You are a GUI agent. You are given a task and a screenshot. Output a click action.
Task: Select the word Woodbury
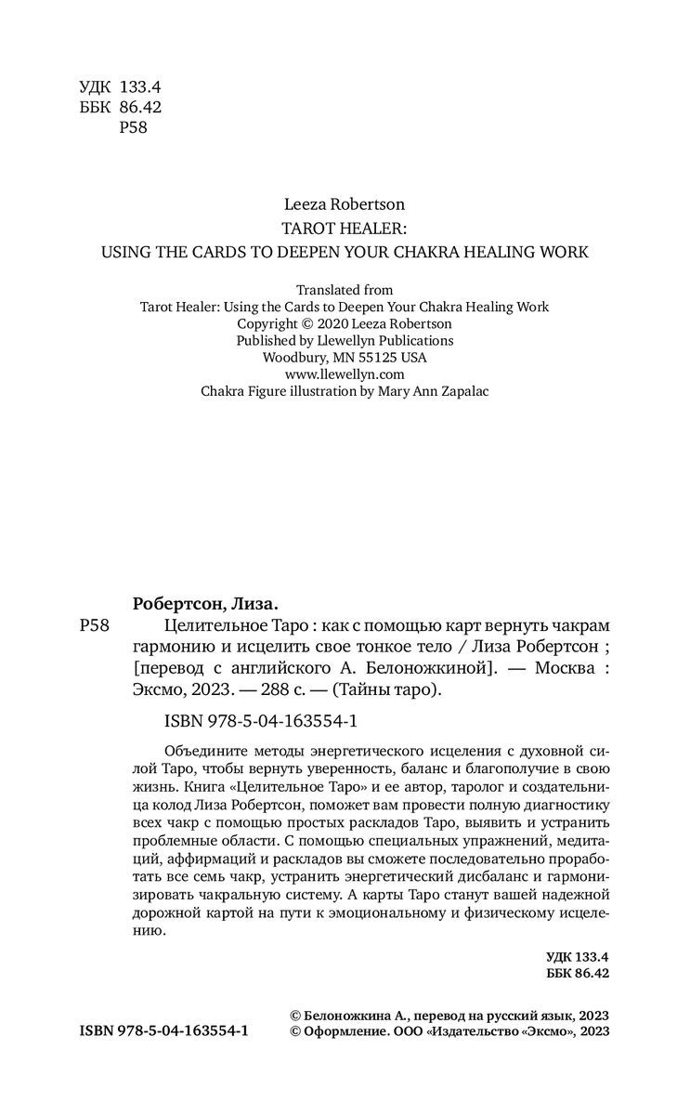(294, 358)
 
